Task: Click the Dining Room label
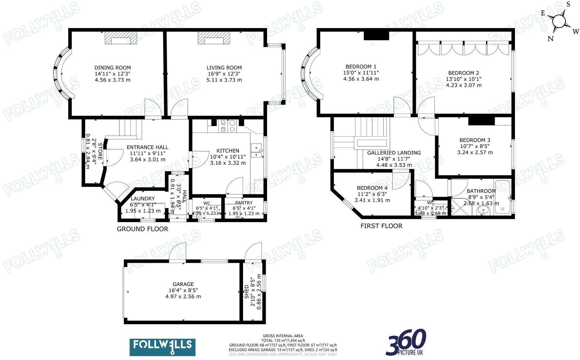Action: [x=113, y=68]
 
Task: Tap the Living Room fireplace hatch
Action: [x=214, y=38]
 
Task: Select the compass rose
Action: [x=559, y=22]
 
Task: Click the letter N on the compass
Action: [x=550, y=39]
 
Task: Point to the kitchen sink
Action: [x=257, y=151]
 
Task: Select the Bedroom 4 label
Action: [x=372, y=188]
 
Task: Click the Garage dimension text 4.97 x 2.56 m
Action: [x=183, y=296]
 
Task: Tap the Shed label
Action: [x=247, y=291]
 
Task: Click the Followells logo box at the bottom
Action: [x=162, y=347]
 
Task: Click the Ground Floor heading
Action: [x=142, y=229]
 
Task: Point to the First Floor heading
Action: [x=381, y=226]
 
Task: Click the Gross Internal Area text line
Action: [x=283, y=336]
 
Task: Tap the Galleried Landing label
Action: [x=394, y=153]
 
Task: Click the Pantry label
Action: [x=244, y=203]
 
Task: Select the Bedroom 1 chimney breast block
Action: [x=376, y=36]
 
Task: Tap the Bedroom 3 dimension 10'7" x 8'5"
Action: [x=475, y=146]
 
